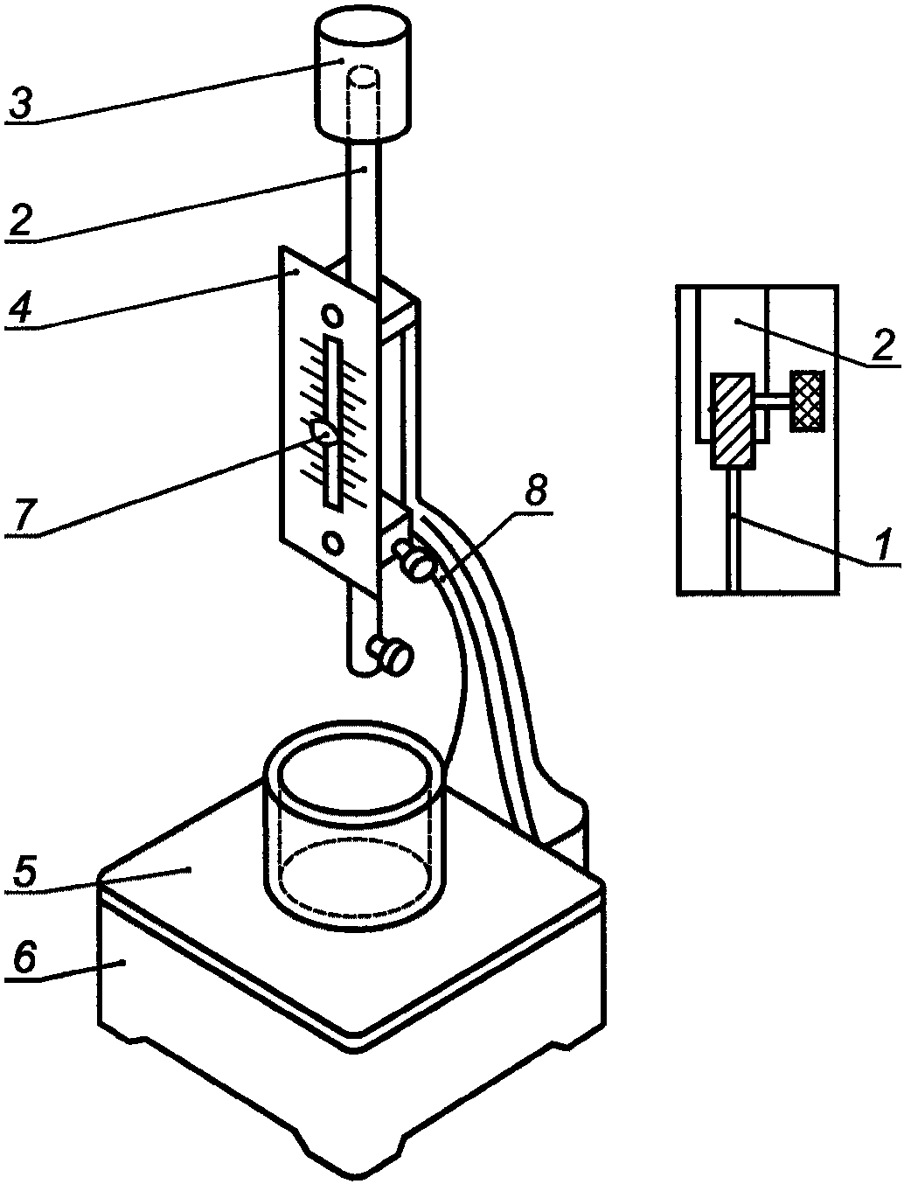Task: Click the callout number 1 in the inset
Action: pos(882,547)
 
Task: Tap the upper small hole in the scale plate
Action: pos(332,315)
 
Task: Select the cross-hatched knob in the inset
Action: pos(808,400)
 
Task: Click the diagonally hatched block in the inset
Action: pos(732,421)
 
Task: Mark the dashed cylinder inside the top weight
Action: pos(364,101)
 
